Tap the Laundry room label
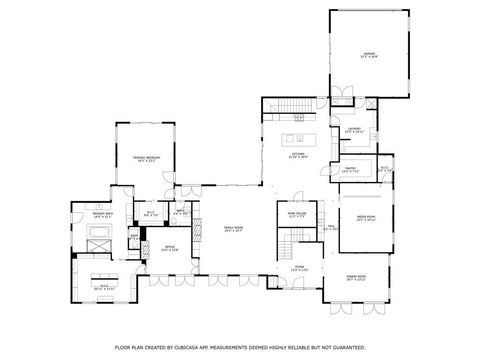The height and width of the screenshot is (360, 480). pyautogui.click(x=354, y=130)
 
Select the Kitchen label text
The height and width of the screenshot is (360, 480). pyautogui.click(x=298, y=156)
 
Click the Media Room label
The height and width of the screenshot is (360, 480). pyautogui.click(x=351, y=217)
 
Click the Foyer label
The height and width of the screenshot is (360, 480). pyautogui.click(x=299, y=267)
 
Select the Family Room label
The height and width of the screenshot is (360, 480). pyautogui.click(x=234, y=228)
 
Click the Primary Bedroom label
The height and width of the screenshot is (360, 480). pyautogui.click(x=148, y=158)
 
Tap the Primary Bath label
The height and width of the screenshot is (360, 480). pyautogui.click(x=102, y=213)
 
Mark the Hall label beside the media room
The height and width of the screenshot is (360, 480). pyautogui.click(x=331, y=228)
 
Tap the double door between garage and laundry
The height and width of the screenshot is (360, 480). pyautogui.click(x=342, y=96)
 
